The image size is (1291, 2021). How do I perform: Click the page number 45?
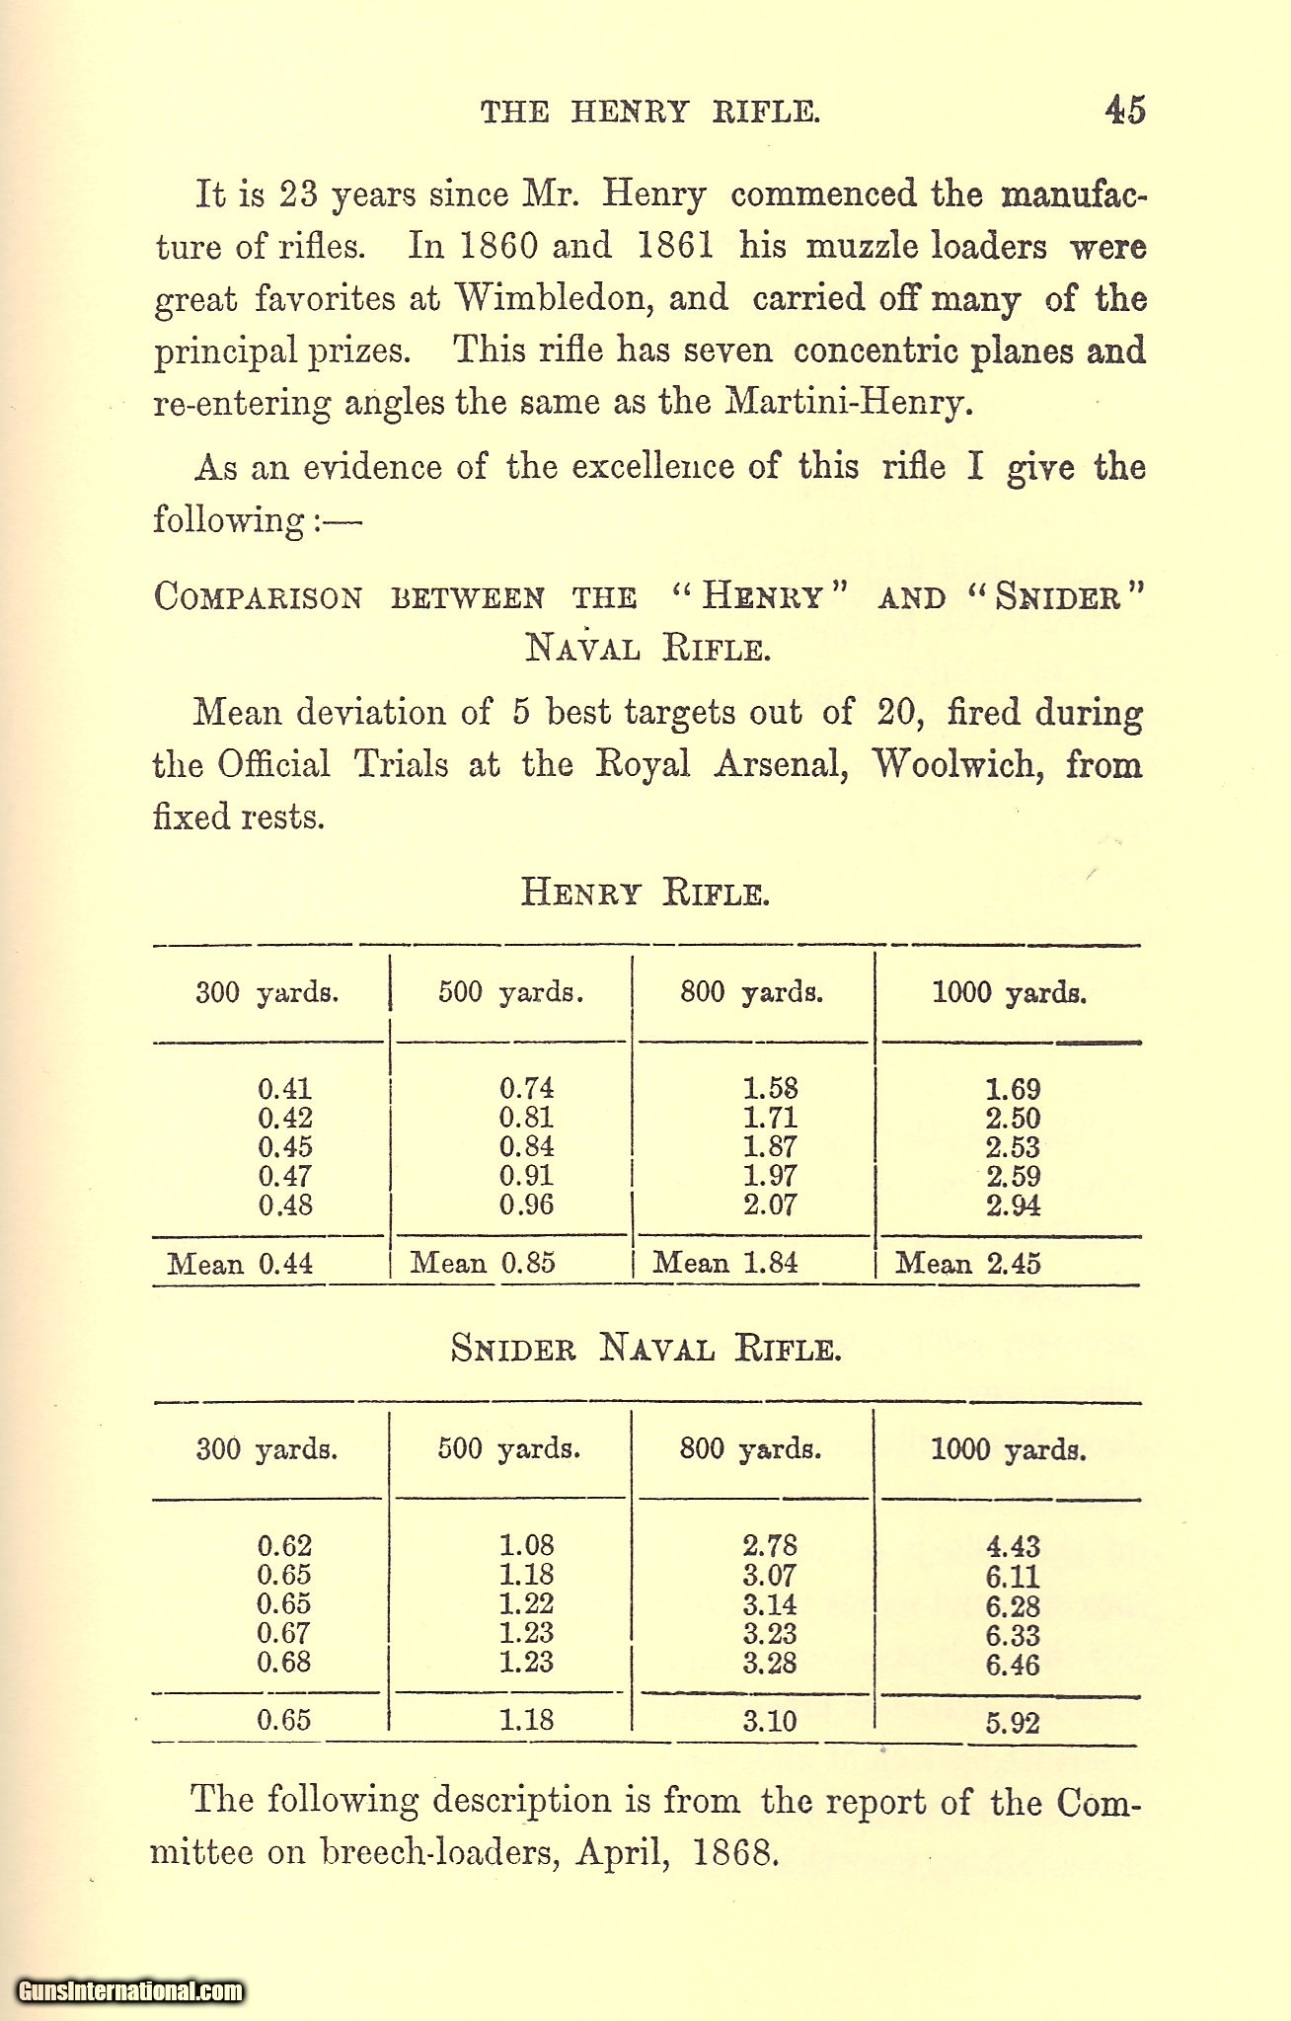pos(1124,110)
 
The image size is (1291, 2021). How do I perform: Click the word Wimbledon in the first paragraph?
pos(551,298)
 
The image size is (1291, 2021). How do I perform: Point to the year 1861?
pos(675,246)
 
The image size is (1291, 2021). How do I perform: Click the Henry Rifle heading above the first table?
pos(645,893)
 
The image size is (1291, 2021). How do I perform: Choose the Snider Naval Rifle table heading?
pos(645,1348)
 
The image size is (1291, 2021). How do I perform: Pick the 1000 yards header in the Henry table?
pos(1009,992)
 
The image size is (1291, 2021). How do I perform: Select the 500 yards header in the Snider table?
pos(509,1449)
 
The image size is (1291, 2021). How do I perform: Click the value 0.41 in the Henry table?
pos(285,1089)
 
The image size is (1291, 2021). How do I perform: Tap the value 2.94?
pos(1013,1205)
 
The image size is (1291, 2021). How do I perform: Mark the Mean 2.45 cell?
pos(968,1264)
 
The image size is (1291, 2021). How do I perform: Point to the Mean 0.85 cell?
pos(483,1263)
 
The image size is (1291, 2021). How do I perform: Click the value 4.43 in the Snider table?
pos(1013,1546)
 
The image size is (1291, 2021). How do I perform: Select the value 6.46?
pos(1013,1665)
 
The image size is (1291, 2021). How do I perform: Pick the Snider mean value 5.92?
pos(1013,1723)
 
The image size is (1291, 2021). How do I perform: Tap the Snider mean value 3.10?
pos(770,1721)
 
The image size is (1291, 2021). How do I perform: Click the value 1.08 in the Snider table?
pos(527,1545)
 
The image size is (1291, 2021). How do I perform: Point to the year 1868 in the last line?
pos(731,1852)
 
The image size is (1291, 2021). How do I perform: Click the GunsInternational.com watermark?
pos(130,1991)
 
